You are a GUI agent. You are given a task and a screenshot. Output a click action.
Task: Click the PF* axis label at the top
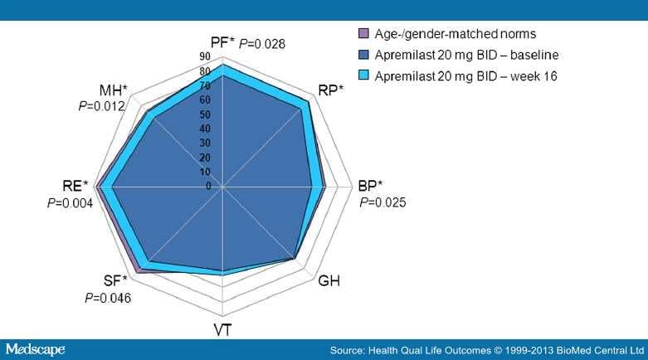click(x=223, y=41)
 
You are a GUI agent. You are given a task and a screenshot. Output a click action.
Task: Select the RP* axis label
click(x=331, y=90)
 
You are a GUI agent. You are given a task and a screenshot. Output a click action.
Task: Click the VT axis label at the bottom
click(x=222, y=329)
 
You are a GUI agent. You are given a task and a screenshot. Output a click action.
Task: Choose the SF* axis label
click(x=115, y=280)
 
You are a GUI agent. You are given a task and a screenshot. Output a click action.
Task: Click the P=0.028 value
click(x=262, y=43)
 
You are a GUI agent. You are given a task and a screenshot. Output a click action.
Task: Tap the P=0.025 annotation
click(x=382, y=202)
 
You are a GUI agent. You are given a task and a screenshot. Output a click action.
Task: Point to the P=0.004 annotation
click(x=69, y=202)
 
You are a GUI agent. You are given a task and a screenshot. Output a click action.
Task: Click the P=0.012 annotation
click(x=101, y=106)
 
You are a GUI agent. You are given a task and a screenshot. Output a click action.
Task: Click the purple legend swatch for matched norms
click(x=363, y=34)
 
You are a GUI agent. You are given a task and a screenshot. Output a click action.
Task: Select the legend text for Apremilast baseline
click(x=466, y=55)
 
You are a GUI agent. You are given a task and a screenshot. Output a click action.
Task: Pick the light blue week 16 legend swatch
click(x=363, y=75)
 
